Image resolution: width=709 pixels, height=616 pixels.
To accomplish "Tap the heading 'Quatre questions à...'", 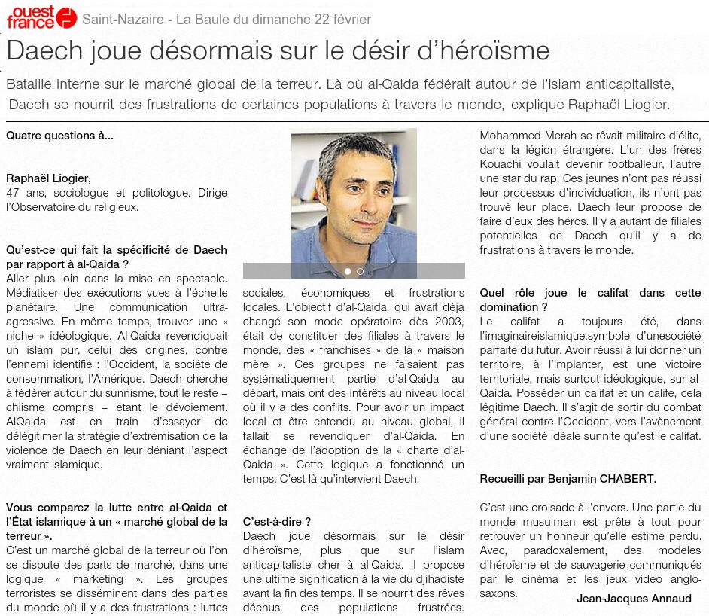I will (60, 136).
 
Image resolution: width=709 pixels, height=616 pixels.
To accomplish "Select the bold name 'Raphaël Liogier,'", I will (49, 178).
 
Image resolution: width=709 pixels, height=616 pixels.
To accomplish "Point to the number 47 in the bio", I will (12, 193).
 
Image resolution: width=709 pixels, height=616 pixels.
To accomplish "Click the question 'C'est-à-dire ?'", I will (277, 521).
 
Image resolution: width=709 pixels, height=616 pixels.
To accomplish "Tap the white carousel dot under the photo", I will (348, 271).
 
